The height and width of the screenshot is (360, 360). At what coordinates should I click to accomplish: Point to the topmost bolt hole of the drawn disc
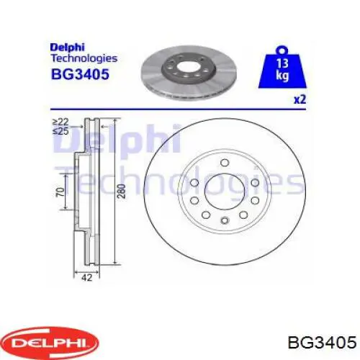point(224,161)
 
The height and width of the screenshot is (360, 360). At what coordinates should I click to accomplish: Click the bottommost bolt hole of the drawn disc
point(224,220)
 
